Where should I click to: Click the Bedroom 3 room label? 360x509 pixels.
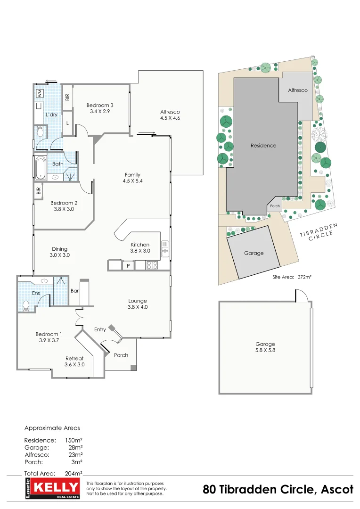[x=100, y=105]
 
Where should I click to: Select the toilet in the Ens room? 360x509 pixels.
[x=26, y=306]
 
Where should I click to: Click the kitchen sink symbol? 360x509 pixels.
[x=165, y=248]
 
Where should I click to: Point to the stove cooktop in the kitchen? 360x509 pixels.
[x=152, y=265]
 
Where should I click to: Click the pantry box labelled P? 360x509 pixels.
[x=128, y=266]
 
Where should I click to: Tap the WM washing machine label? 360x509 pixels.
[x=40, y=93]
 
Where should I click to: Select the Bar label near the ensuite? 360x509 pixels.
[x=74, y=291]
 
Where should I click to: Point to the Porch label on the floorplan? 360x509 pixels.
[x=121, y=355]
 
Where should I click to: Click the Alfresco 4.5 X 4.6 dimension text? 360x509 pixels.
[x=170, y=118]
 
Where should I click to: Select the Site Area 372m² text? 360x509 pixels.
[x=292, y=277]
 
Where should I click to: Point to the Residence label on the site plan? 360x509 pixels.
[x=263, y=146]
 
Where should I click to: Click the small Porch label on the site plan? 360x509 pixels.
[x=275, y=206]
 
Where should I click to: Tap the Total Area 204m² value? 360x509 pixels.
[x=74, y=473]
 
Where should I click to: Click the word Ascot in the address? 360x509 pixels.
[x=337, y=490]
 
